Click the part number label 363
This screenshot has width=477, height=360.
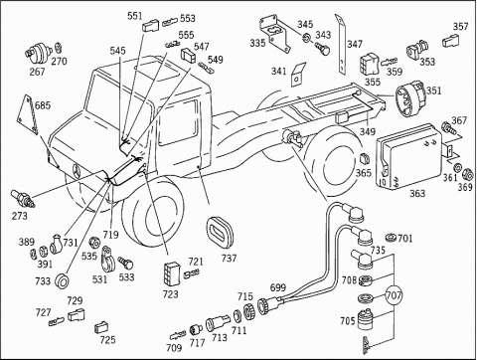pos(417,193)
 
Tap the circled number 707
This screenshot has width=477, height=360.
pos(394,294)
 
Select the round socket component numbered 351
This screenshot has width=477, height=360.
pos(409,98)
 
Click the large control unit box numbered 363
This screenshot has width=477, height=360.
pos(410,156)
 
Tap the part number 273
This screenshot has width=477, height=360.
pos(20,216)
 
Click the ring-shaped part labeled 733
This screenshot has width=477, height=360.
pos(63,281)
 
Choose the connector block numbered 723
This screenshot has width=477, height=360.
pos(172,273)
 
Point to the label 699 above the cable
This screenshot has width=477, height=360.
pos(278,287)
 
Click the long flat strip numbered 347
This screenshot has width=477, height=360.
pos(341,45)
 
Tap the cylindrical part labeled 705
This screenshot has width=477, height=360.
pos(367,318)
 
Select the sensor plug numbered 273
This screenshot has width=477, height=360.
pos(23,198)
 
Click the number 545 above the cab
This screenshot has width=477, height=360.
pos(118,51)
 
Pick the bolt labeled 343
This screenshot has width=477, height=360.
pos(322,49)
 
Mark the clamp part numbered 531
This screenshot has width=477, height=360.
pos(107,259)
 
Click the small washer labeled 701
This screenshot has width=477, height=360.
pos(392,238)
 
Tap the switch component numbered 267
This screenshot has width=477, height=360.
pos(37,53)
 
